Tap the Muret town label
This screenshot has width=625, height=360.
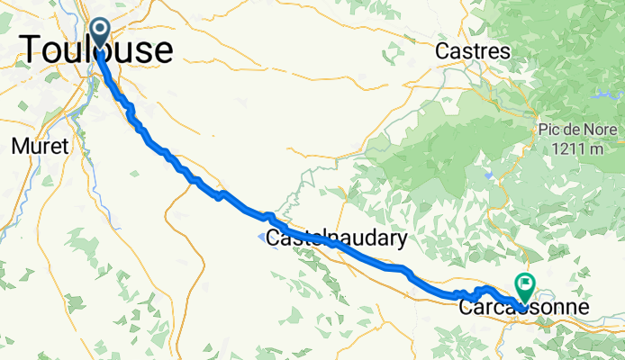coord(40,147)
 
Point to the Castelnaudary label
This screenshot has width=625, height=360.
coord(336,239)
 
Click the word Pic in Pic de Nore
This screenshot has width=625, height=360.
coord(550,130)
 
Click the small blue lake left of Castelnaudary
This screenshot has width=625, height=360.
coord(260,238)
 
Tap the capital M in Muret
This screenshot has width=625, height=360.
coord(18,147)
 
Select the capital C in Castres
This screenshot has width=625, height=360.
coord(441,52)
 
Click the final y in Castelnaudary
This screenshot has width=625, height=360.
coord(402,241)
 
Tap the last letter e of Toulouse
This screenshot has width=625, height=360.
coord(162,51)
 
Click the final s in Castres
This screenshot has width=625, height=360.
coord(506,53)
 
